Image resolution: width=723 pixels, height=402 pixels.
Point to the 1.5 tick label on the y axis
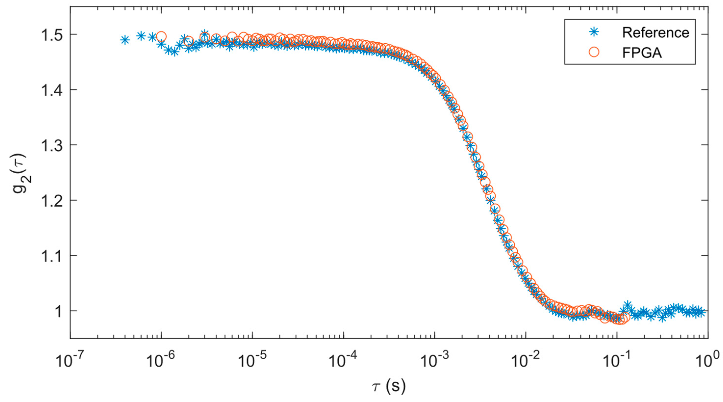(49, 35)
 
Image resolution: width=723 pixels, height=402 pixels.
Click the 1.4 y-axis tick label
(49, 90)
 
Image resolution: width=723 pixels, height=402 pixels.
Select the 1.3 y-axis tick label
(49, 145)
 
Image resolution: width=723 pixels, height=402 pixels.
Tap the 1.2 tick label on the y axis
(49, 201)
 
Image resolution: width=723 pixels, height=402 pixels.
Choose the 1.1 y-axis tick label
(49, 256)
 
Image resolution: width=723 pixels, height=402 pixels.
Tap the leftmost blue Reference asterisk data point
(125, 40)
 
